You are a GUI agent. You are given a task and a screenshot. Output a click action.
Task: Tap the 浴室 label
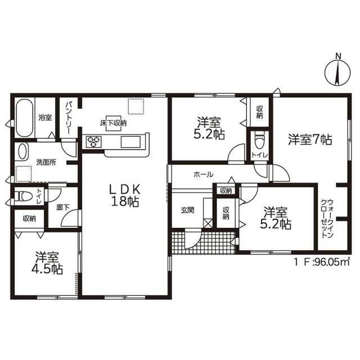[45, 118]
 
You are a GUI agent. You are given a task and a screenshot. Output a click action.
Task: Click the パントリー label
[69, 118]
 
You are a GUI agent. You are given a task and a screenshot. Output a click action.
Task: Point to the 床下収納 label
[113, 123]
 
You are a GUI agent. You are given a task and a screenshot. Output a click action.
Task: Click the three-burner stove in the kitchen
[93, 142]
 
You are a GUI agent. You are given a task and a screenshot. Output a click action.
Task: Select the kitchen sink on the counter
[130, 142]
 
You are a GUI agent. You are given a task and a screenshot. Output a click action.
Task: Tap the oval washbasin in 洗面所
[22, 151]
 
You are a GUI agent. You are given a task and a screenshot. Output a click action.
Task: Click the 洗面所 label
[46, 163]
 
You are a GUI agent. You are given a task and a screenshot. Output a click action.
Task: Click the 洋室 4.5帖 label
[47, 263]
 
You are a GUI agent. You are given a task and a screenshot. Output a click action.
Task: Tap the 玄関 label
[187, 210]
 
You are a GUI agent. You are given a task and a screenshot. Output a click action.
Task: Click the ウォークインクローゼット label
[327, 219]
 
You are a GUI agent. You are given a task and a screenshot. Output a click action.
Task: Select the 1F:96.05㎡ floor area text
[322, 262]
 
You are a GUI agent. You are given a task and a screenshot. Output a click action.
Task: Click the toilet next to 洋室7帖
[260, 140]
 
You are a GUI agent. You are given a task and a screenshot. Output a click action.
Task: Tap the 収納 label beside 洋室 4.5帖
[29, 219]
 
